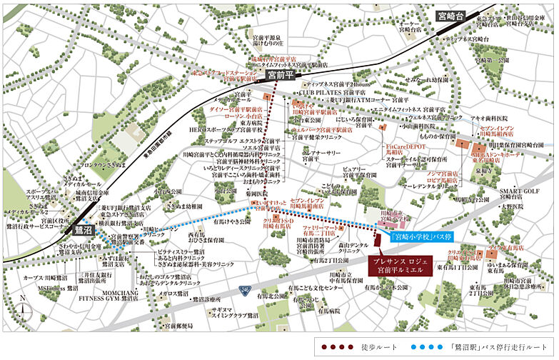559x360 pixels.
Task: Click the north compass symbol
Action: click(25, 308)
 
